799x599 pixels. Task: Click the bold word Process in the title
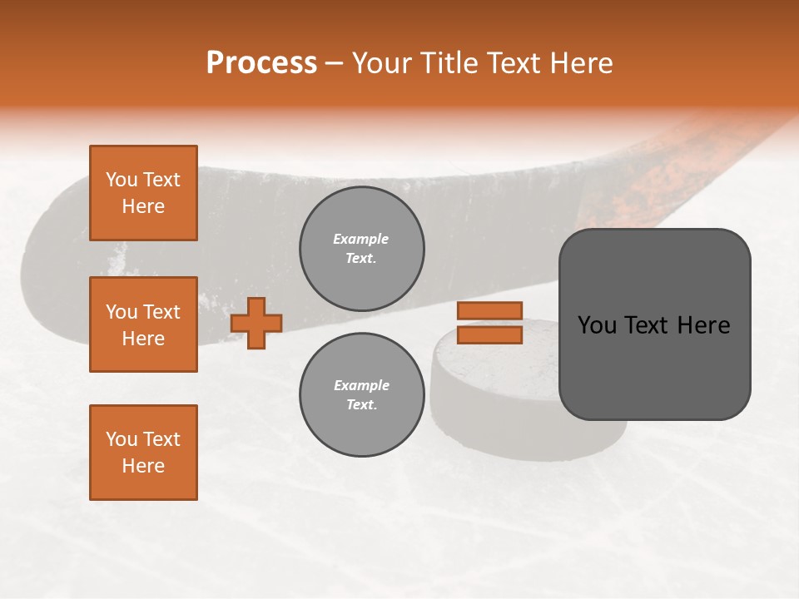tap(261, 63)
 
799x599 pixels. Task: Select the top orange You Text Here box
tap(143, 193)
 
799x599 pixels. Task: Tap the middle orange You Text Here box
tap(143, 324)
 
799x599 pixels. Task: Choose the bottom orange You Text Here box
tap(143, 453)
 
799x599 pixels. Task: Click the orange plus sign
tap(256, 323)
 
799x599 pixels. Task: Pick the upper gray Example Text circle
tap(361, 249)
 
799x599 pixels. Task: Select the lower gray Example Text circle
tap(361, 395)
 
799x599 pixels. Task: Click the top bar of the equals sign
tap(490, 311)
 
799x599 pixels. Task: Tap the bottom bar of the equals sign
tap(490, 335)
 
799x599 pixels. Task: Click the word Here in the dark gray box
tap(704, 325)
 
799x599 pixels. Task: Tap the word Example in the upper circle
tap(360, 239)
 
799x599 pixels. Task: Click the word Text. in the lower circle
tap(361, 405)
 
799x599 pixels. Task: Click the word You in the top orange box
tap(121, 180)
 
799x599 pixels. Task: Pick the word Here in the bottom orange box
tap(143, 466)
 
